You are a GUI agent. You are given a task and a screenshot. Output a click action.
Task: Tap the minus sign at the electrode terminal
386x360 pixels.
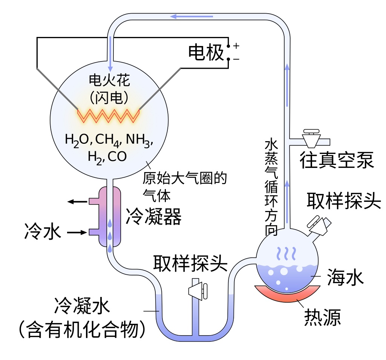pyautogui.click(x=236, y=59)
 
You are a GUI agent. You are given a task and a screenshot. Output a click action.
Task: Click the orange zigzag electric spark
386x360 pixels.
pyautogui.click(x=109, y=116)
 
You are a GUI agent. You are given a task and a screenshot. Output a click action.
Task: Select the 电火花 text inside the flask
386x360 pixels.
pyautogui.click(x=109, y=80)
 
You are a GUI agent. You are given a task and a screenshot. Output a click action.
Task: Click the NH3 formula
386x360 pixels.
pyautogui.click(x=139, y=140)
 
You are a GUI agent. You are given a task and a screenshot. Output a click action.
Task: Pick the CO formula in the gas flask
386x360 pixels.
pyautogui.click(x=117, y=156)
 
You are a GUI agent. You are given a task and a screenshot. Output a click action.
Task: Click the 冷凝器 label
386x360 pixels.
pyautogui.click(x=154, y=216)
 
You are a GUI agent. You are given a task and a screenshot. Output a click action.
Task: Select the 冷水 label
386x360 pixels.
pyautogui.click(x=43, y=231)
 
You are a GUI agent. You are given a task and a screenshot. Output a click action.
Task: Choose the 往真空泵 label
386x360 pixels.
pyautogui.click(x=337, y=160)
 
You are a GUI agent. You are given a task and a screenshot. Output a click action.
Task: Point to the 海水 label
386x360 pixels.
pyautogui.click(x=345, y=277)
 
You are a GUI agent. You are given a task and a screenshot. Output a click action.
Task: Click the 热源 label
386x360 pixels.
pyautogui.click(x=322, y=318)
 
